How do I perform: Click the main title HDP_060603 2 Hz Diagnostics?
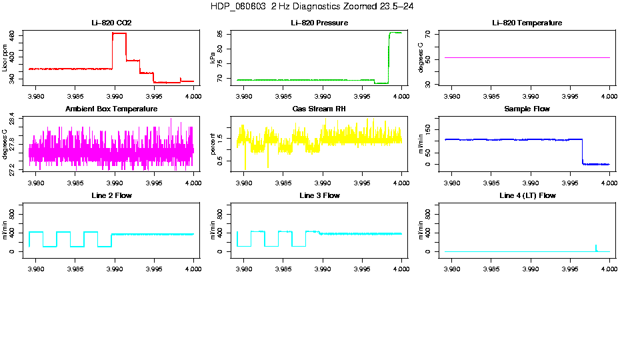pos(312,6)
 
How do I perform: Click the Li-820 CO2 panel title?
pos(111,23)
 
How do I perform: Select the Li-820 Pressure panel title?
pos(319,23)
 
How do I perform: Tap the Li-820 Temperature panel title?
pos(527,23)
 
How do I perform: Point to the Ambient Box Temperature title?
pos(111,109)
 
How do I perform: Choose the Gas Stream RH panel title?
pos(319,109)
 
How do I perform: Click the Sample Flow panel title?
pos(527,109)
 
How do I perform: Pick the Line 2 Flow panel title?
pos(111,195)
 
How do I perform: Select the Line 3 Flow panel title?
pos(319,195)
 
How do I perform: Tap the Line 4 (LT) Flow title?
pos(527,195)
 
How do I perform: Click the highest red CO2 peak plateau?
pos(119,33)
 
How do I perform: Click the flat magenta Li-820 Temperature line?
pos(527,58)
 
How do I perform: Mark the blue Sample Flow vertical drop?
pos(582,152)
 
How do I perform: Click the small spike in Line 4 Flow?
pos(596,247)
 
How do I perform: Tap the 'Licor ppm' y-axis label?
pos(5,58)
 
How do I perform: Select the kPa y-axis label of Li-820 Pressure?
pos(213,58)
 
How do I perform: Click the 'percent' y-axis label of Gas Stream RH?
pos(213,143)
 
